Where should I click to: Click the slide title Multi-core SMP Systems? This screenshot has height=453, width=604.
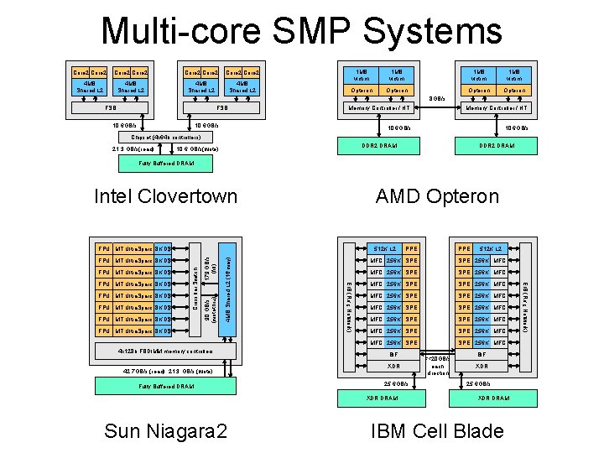[x=301, y=32]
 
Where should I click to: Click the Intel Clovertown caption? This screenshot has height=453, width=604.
[x=166, y=197]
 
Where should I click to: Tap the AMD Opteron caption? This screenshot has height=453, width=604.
[x=435, y=197]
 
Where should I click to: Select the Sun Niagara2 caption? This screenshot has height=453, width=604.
[x=166, y=431]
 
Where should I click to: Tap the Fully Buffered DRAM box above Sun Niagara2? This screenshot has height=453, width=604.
[x=165, y=385]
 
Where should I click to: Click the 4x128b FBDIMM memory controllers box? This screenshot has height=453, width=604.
[x=165, y=348]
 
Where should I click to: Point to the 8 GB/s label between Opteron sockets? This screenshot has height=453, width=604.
[x=437, y=98]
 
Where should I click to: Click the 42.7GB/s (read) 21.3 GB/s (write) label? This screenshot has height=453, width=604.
[x=165, y=370]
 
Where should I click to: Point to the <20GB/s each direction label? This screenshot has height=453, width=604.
[x=440, y=367]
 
